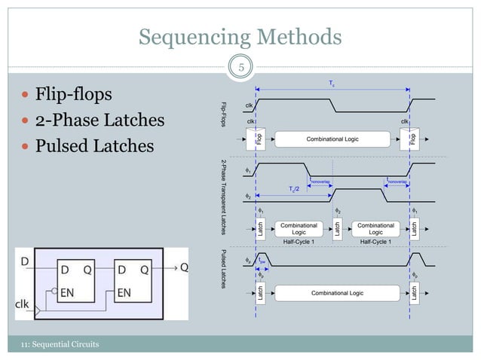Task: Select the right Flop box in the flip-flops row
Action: (412, 139)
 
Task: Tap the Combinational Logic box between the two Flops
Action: (332, 139)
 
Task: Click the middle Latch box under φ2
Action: (337, 229)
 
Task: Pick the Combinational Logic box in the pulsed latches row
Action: (332, 292)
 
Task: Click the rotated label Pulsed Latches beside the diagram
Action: (224, 270)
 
